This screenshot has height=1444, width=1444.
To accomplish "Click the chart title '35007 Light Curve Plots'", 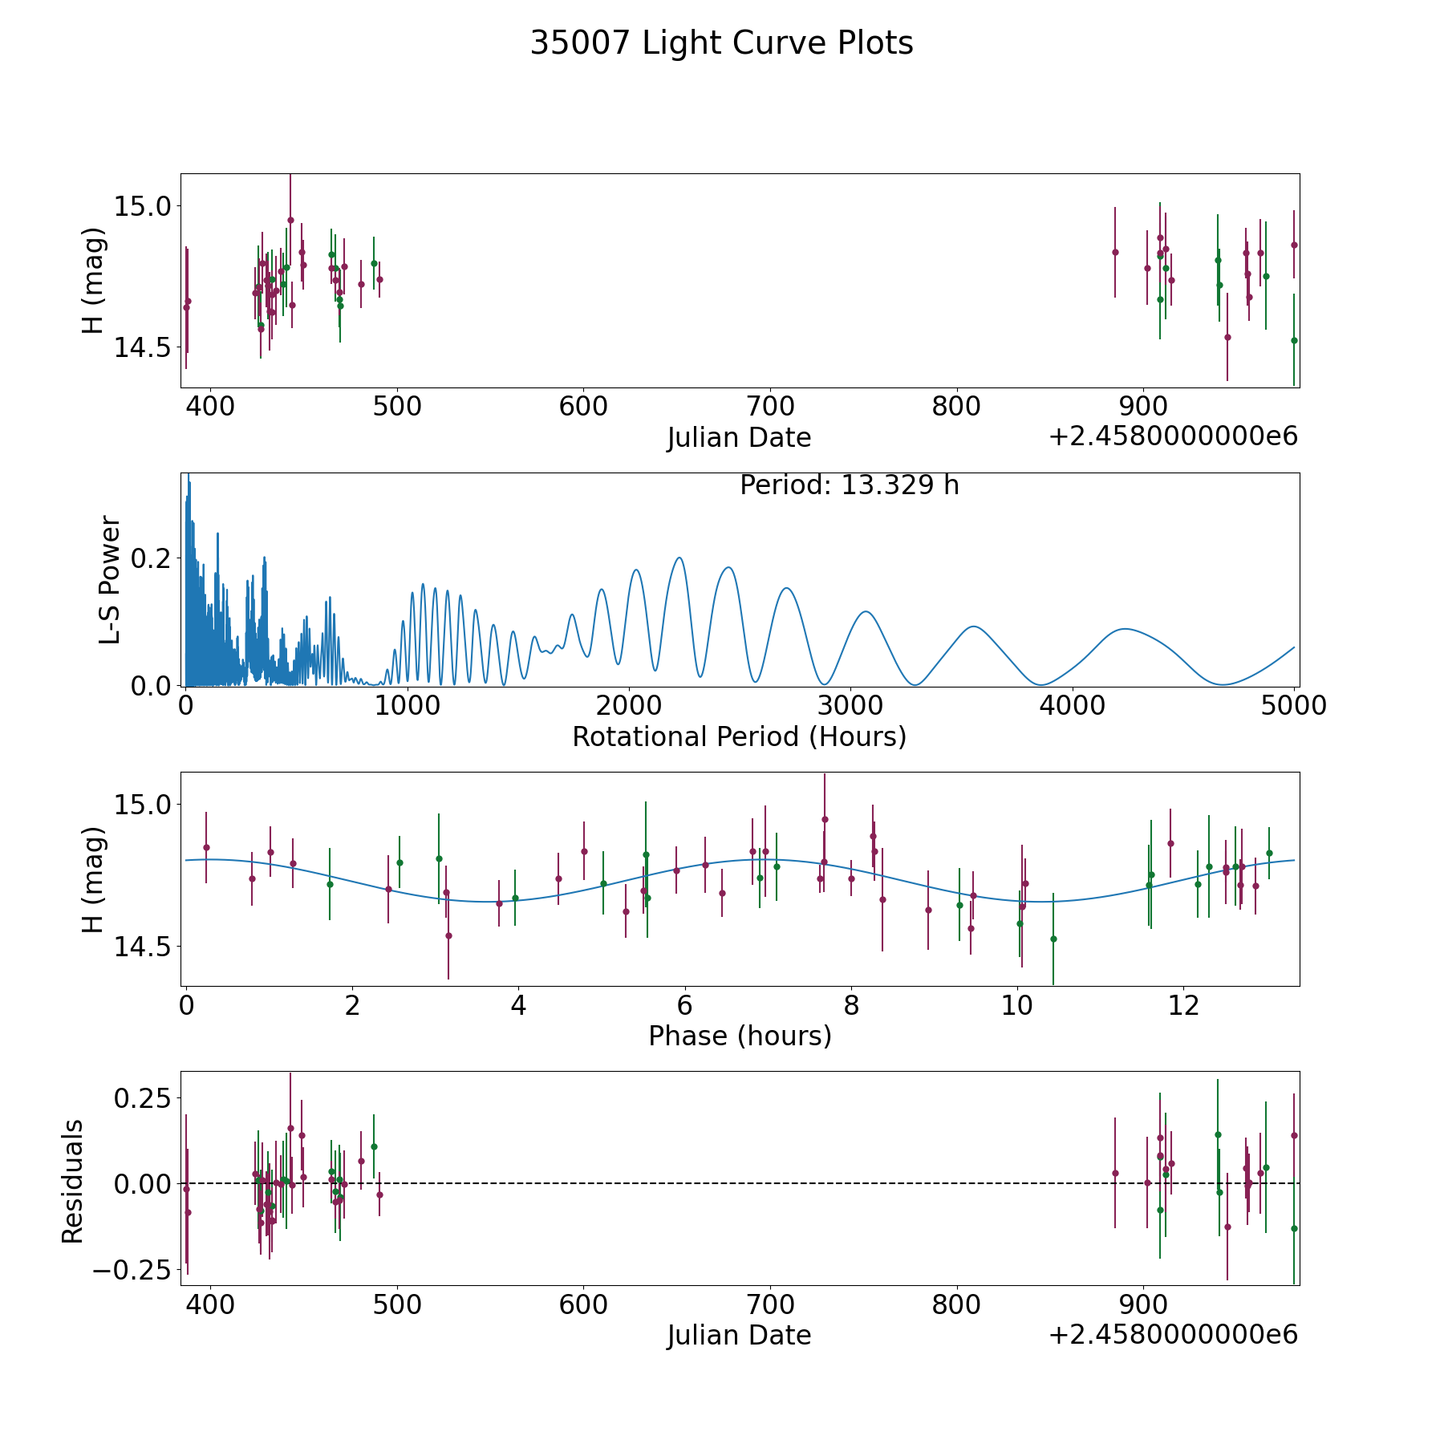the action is (x=721, y=43).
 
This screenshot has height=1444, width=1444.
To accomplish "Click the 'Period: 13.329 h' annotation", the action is (x=850, y=485).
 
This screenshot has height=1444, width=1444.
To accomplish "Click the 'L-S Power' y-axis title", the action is (x=110, y=579).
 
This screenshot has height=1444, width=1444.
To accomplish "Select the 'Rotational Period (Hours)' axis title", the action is (x=739, y=736).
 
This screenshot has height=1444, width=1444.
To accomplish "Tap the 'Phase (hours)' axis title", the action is (x=740, y=1036).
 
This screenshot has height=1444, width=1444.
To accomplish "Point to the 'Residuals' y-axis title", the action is (x=73, y=1181).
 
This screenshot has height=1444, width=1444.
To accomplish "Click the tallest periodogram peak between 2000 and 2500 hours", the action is (x=679, y=558).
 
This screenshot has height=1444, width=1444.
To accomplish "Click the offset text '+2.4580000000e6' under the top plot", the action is (x=1173, y=436).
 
